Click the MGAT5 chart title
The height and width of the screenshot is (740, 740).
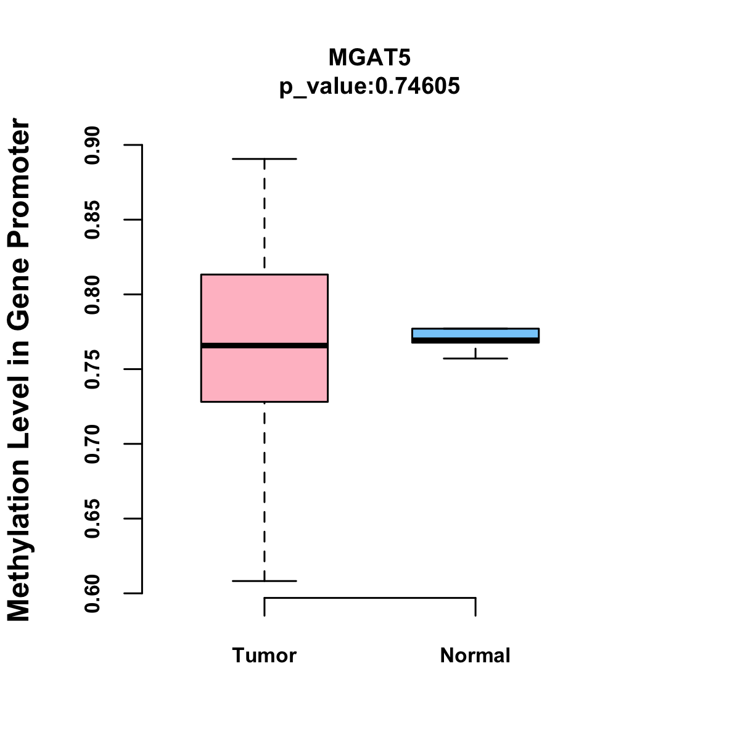coord(369,57)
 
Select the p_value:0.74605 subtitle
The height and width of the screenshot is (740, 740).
coord(369,86)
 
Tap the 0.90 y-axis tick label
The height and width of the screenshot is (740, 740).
coord(92,145)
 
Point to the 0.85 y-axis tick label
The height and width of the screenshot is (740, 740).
coord(92,220)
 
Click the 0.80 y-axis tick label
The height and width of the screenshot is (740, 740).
coord(92,295)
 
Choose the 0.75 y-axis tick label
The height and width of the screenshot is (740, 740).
coord(92,369)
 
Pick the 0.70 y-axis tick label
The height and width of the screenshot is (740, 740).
coord(92,444)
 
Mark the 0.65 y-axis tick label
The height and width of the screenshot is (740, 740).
coord(92,519)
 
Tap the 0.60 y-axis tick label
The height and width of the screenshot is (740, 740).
coord(92,593)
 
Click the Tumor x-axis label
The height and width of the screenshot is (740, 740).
coord(264,655)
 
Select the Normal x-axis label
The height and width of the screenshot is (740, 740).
coord(475,655)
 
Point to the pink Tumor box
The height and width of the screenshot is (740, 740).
coord(264,308)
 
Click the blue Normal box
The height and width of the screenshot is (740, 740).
coord(475,332)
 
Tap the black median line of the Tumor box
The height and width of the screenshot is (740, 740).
coord(264,345)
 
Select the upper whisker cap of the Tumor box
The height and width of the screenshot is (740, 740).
coord(264,158)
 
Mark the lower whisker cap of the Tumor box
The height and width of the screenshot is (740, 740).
coord(264,581)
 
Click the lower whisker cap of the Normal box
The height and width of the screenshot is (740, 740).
coord(475,358)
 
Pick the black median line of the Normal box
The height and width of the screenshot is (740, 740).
coord(475,340)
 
